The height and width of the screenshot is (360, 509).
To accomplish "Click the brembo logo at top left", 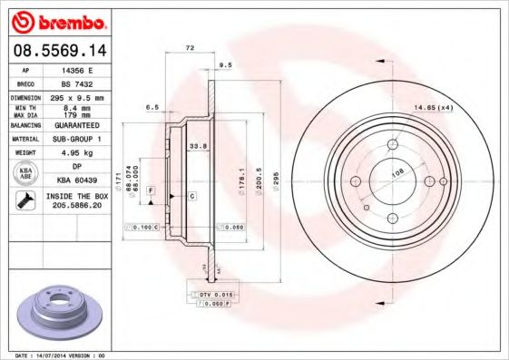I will tap(59, 21).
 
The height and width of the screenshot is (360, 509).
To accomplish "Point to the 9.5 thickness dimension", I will tap(225, 64).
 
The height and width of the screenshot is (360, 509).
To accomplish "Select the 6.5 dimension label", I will tap(154, 107).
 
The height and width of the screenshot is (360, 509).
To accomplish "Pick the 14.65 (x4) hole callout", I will tap(434, 107).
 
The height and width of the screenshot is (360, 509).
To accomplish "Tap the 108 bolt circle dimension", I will tap(396, 170).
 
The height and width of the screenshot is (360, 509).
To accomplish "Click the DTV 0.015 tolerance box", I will tap(216, 296).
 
